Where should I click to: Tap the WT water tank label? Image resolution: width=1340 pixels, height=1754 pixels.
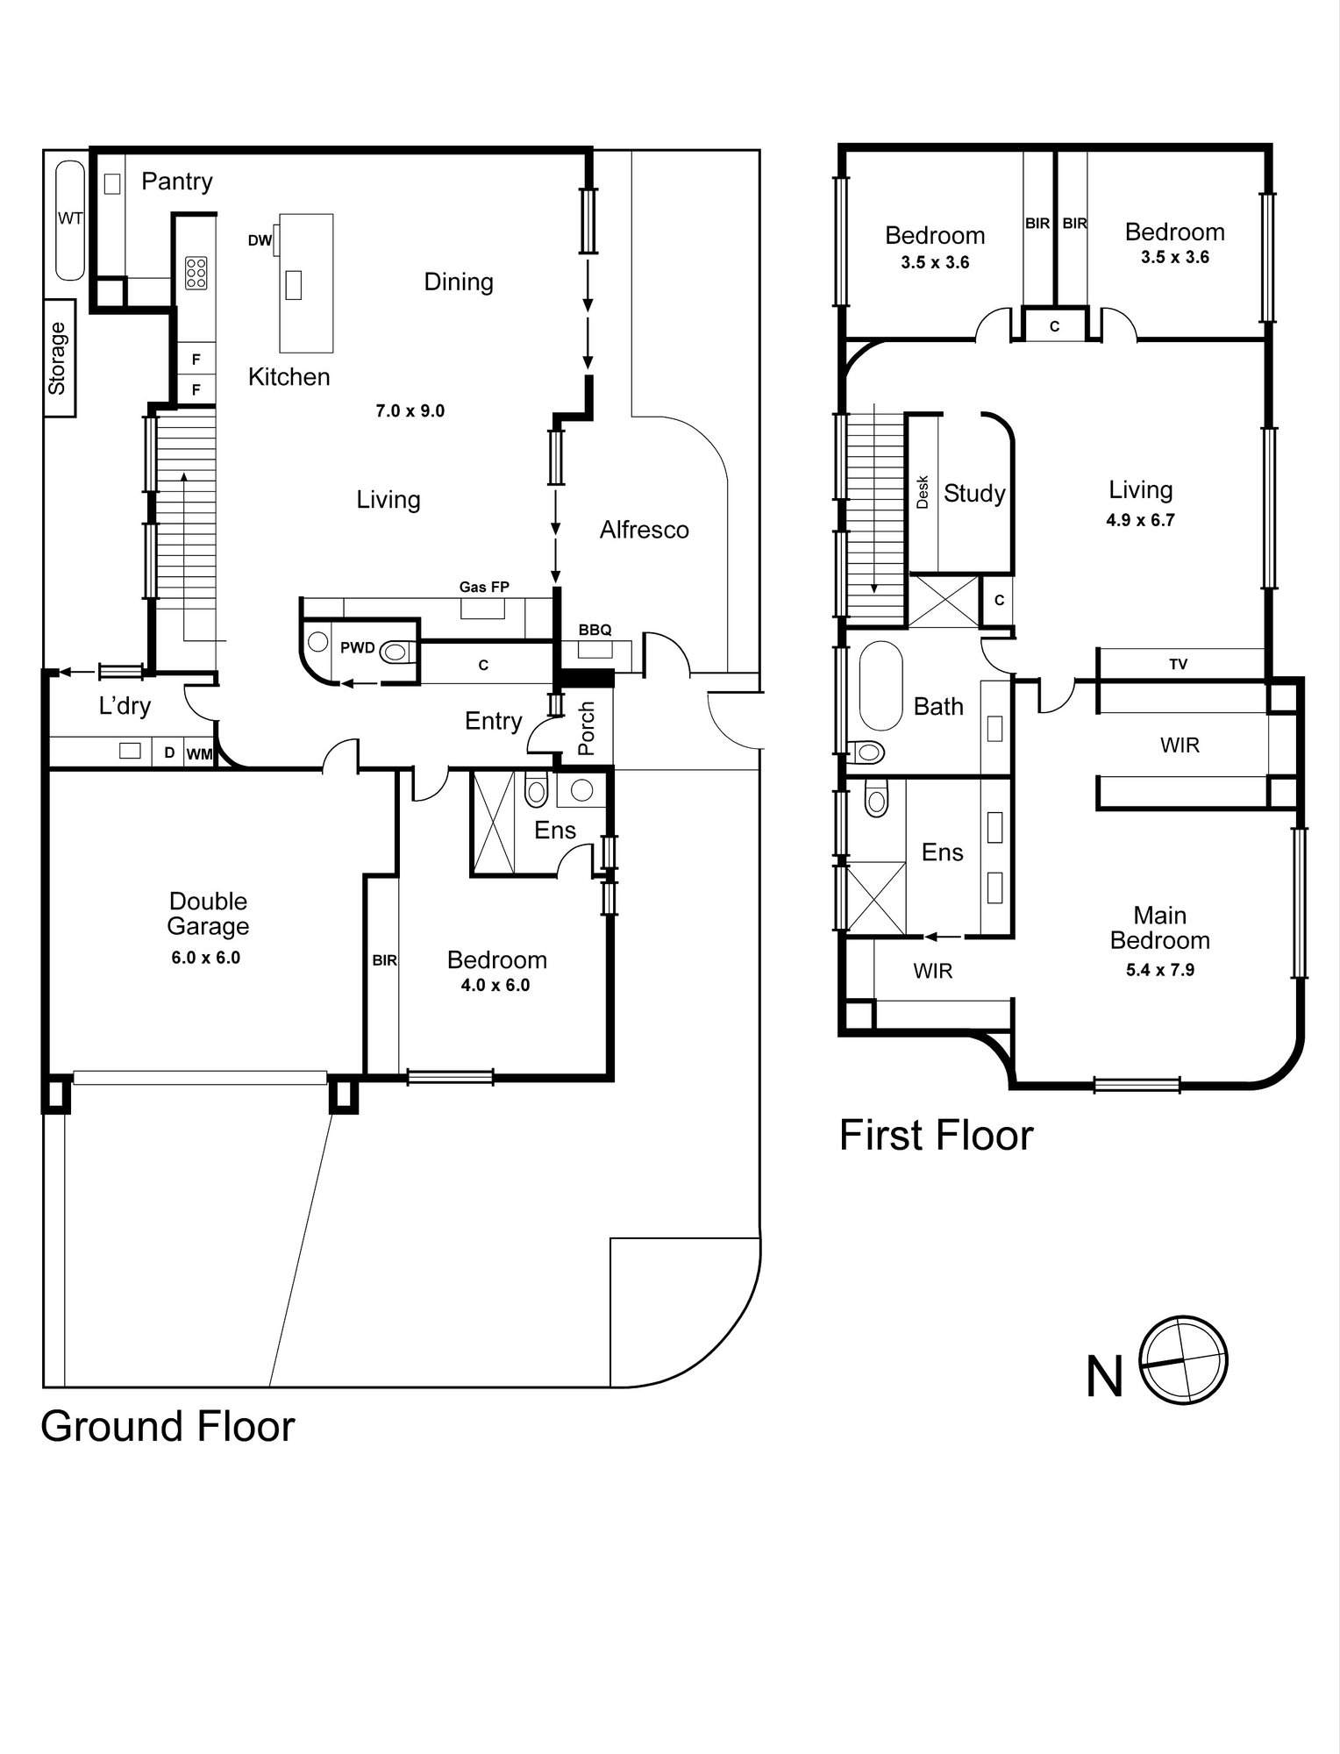click(x=70, y=218)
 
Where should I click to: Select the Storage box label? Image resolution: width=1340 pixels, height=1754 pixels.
click(x=58, y=359)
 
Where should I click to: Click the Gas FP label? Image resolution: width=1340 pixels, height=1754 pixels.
click(x=484, y=587)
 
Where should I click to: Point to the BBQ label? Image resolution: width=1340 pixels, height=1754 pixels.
click(x=595, y=630)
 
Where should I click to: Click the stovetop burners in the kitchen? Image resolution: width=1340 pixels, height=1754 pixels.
click(x=196, y=273)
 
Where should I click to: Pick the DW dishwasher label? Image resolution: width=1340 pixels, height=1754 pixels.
click(x=260, y=240)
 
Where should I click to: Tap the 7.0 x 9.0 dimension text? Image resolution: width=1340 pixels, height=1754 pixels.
click(x=410, y=410)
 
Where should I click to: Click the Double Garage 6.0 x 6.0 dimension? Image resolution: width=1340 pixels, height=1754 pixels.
click(x=206, y=958)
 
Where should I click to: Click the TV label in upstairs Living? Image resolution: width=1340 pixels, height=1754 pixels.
click(x=1178, y=665)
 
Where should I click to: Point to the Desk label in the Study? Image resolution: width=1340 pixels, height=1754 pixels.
click(x=922, y=492)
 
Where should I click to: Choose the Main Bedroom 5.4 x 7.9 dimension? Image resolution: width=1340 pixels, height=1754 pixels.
click(x=1159, y=970)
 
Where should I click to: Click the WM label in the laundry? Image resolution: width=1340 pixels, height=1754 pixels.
click(x=199, y=753)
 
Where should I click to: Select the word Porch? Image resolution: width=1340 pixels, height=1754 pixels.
click(x=587, y=728)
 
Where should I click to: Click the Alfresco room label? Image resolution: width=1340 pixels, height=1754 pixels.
click(x=645, y=530)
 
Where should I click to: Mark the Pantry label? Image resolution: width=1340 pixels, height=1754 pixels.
click(x=177, y=182)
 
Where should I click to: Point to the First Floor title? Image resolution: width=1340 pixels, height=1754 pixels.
click(x=937, y=1135)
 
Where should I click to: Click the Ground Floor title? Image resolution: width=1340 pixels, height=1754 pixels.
click(x=167, y=1427)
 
